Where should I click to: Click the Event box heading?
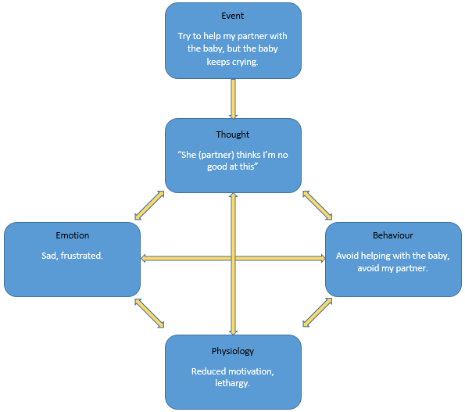(x=233, y=16)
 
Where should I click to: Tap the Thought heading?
(x=233, y=134)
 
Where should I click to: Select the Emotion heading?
(x=73, y=235)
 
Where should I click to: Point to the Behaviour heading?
(x=393, y=235)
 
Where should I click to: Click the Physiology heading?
(x=233, y=352)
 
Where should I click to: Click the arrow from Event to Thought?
(x=234, y=99)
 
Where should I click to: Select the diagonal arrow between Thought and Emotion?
(x=149, y=206)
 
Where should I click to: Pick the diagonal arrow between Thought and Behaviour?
(x=317, y=206)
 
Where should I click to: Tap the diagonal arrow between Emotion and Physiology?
(x=149, y=313)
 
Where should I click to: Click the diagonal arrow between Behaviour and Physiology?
(x=317, y=313)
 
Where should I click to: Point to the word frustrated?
(x=82, y=256)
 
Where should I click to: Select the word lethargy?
(x=233, y=383)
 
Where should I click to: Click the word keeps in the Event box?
(x=218, y=63)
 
